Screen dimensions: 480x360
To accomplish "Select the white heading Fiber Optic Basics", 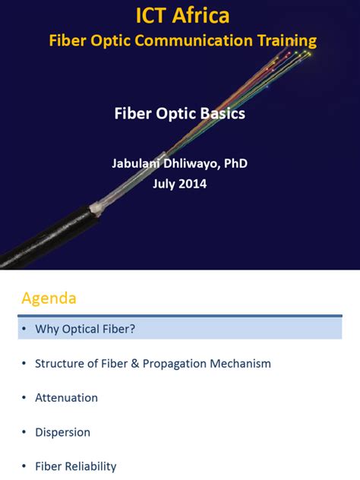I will click(179, 114).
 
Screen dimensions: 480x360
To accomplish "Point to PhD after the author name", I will click(235, 163).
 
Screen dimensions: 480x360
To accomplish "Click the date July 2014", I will click(179, 183).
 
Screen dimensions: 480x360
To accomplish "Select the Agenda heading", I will click(49, 298).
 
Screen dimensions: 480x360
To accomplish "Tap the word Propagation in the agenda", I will click(174, 363).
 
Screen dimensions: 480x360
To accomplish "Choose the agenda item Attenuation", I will click(66, 397).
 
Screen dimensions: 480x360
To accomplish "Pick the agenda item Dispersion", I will click(62, 432).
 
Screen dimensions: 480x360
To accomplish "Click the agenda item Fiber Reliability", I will click(75, 466).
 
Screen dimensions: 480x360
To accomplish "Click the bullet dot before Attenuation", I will click(24, 397).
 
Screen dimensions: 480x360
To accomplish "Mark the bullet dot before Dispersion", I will click(24, 432).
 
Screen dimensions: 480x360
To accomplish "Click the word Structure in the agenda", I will click(59, 363).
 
